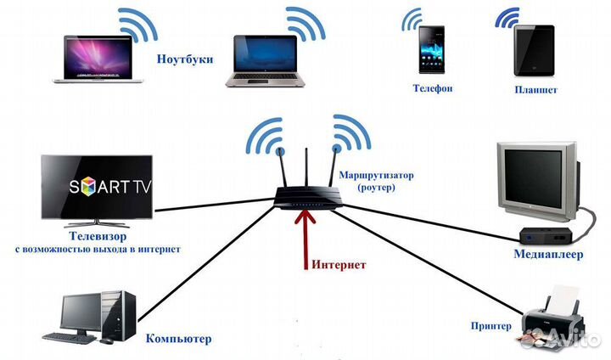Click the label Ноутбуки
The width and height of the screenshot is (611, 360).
click(184, 60)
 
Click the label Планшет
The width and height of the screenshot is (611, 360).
click(535, 89)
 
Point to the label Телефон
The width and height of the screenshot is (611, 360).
click(433, 88)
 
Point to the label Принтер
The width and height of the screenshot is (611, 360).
click(490, 325)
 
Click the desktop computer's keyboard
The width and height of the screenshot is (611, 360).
click(69, 337)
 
